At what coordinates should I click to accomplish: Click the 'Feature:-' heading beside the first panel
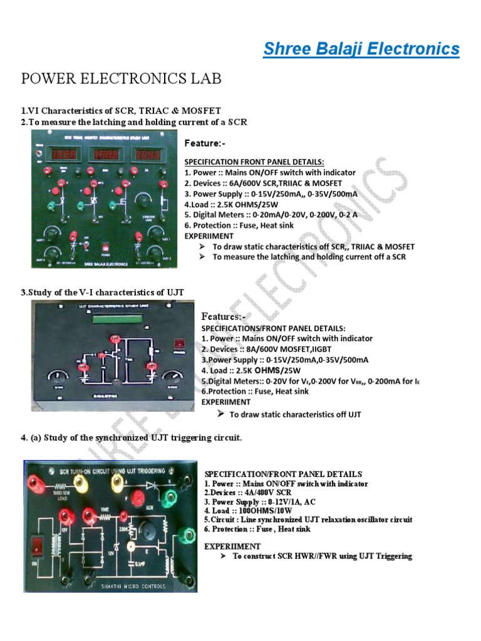(x=205, y=143)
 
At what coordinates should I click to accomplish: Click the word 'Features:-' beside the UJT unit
(x=223, y=317)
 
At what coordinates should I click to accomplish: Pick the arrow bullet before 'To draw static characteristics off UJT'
(x=220, y=414)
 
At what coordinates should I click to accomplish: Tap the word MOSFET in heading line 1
(x=200, y=111)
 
